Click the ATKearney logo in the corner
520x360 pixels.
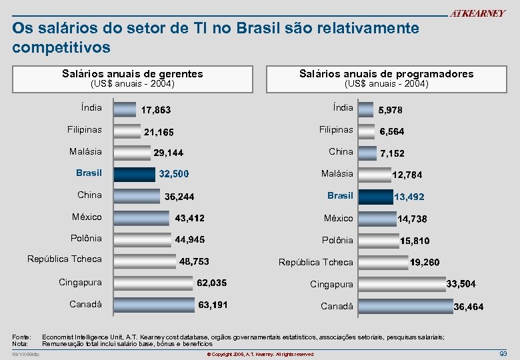pyautogui.click(x=477, y=13)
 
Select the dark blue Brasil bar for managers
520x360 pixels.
pyautogui.click(x=134, y=175)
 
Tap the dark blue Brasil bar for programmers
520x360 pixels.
pyautogui.click(x=376, y=197)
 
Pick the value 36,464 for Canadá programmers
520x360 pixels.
pyautogui.click(x=469, y=307)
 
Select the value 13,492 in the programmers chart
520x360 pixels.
pyautogui.click(x=409, y=197)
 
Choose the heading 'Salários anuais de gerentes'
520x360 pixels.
pyautogui.click(x=132, y=74)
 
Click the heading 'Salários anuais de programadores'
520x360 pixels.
pyautogui.click(x=386, y=74)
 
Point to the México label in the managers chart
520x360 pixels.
pyautogui.click(x=87, y=217)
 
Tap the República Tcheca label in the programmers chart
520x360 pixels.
pyautogui.click(x=316, y=262)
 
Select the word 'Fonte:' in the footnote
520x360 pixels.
pyautogui.click(x=21, y=337)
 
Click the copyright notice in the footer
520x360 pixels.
pyautogui.click(x=259, y=354)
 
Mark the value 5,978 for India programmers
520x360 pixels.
pyautogui.click(x=391, y=110)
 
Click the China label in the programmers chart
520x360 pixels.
pyautogui.click(x=341, y=152)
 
